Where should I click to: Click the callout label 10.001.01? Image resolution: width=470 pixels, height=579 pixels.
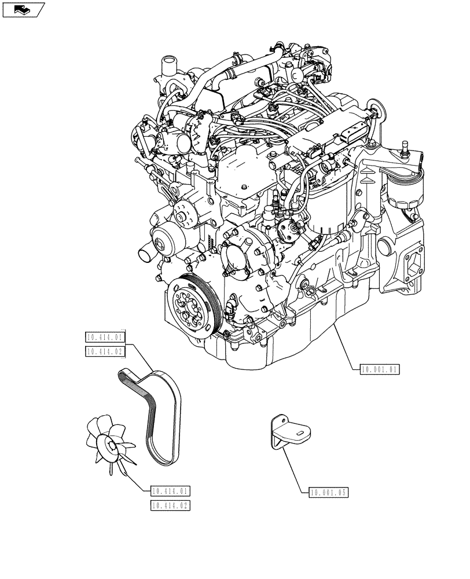380,369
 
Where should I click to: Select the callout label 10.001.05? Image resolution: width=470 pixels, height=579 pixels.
328,493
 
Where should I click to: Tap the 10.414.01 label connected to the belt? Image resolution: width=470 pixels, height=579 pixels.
105,337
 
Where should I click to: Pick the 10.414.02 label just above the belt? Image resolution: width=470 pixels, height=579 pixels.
105,351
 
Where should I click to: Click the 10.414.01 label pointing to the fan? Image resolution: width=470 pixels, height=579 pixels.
170,492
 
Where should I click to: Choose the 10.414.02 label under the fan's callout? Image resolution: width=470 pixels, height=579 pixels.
170,505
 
